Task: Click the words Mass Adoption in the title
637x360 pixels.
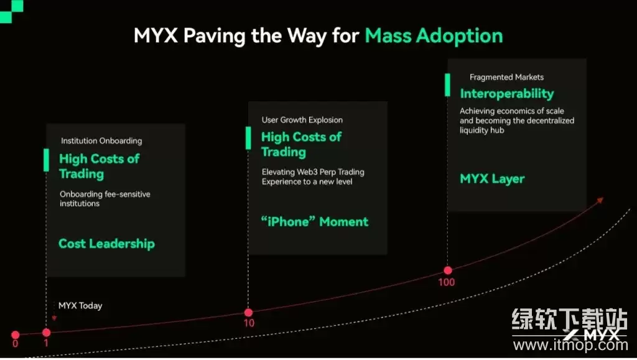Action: pos(434,36)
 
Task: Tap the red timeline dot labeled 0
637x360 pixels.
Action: pos(15,335)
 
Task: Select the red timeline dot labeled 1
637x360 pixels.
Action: pos(46,333)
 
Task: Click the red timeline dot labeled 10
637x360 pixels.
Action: pos(248,312)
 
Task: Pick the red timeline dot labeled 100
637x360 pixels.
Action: pos(447,270)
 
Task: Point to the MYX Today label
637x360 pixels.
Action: pos(80,305)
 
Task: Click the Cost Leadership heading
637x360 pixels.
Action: pos(106,244)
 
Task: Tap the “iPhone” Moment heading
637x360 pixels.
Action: pos(315,222)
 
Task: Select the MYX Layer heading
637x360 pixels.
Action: pos(492,179)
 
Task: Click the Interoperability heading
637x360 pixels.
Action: pos(506,94)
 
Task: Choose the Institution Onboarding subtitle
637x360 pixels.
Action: pos(101,141)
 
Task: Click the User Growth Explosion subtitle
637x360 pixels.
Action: pos(302,119)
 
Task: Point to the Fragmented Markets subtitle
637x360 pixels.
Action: pos(506,77)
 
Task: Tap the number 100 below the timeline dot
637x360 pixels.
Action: pos(447,282)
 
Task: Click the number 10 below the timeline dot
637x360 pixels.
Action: pos(249,323)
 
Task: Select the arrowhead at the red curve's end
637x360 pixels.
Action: pos(600,200)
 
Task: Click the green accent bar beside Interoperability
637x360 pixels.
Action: pos(447,85)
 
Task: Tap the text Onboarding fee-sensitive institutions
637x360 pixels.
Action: pos(105,199)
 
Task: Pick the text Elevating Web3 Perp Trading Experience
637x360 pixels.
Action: pos(312,177)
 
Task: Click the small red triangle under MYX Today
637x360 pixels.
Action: pos(55,318)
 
